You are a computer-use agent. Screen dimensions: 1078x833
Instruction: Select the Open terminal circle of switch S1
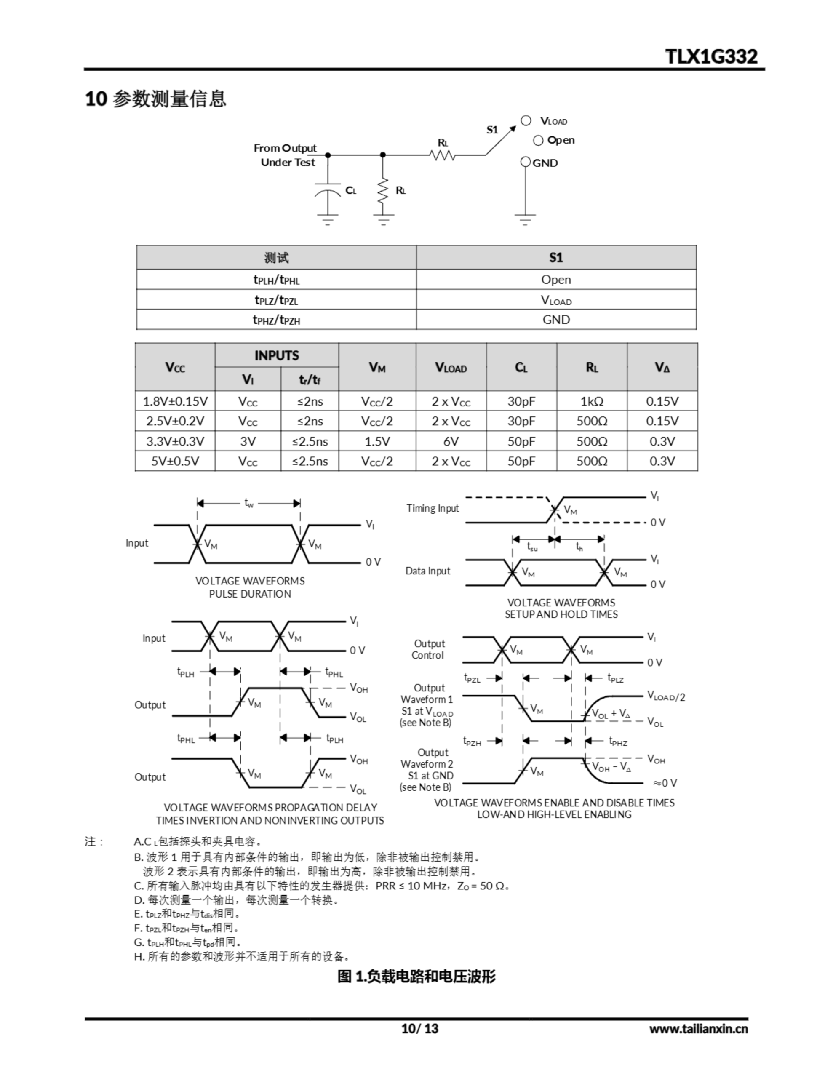pyautogui.click(x=538, y=141)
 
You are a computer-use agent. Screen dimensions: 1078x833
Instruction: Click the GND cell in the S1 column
pyautogui.click(x=556, y=320)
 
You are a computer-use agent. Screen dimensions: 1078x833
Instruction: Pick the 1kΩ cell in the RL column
pyautogui.click(x=592, y=401)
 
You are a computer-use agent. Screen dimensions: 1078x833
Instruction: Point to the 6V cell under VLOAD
pyautogui.click(x=451, y=441)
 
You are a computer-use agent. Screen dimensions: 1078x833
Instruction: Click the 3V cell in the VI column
pyautogui.click(x=248, y=441)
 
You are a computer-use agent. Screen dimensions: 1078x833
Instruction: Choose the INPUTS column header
pyautogui.click(x=277, y=355)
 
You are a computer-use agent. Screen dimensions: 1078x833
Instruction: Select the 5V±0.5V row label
pyautogui.click(x=175, y=461)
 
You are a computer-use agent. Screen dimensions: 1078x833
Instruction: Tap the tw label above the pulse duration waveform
pyautogui.click(x=249, y=503)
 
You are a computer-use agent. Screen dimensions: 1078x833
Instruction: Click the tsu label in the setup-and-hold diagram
pyautogui.click(x=532, y=547)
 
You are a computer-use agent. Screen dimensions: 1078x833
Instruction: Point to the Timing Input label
pyautogui.click(x=433, y=508)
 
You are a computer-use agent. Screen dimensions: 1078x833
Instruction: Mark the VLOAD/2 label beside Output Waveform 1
pyautogui.click(x=666, y=697)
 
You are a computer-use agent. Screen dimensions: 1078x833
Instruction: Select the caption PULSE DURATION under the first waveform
pyautogui.click(x=250, y=594)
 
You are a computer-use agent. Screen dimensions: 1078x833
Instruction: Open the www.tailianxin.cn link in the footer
pyautogui.click(x=698, y=1029)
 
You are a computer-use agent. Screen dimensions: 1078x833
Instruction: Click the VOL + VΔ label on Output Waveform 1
pyautogui.click(x=611, y=714)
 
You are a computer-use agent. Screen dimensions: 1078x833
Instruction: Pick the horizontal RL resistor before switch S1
pyautogui.click(x=443, y=155)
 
